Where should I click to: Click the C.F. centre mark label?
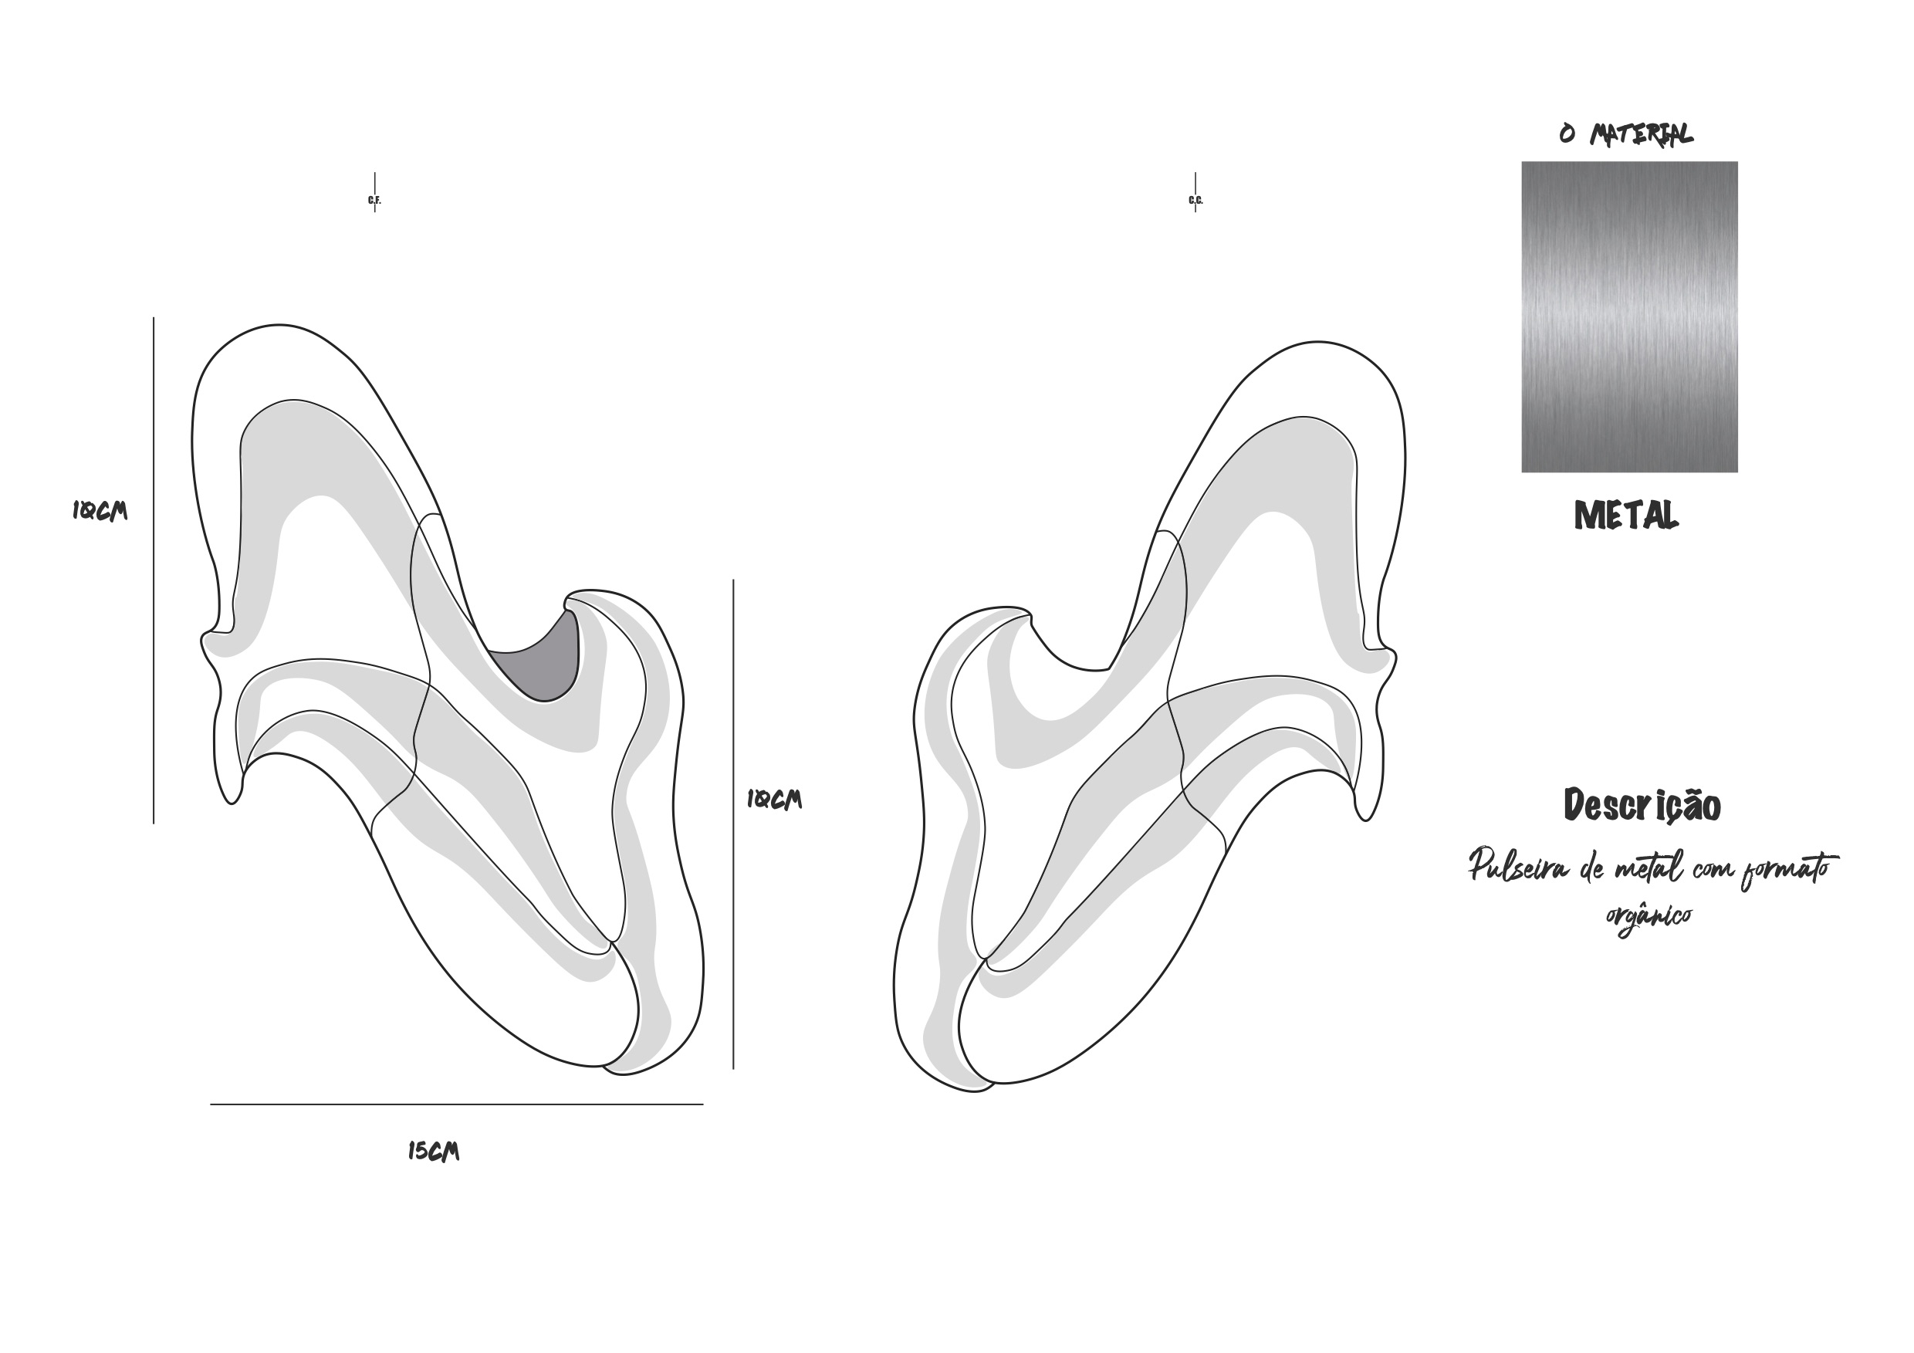374,200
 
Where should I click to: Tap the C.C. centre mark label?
1195,200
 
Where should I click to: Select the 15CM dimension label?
434,1152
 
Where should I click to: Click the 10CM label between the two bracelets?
773,800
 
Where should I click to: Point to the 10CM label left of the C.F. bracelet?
100,510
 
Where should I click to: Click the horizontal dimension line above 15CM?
457,1104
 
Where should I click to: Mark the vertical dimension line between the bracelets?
734,824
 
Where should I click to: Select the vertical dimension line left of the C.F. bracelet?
154,570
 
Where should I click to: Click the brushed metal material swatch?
1630,316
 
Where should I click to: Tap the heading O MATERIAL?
1625,134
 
